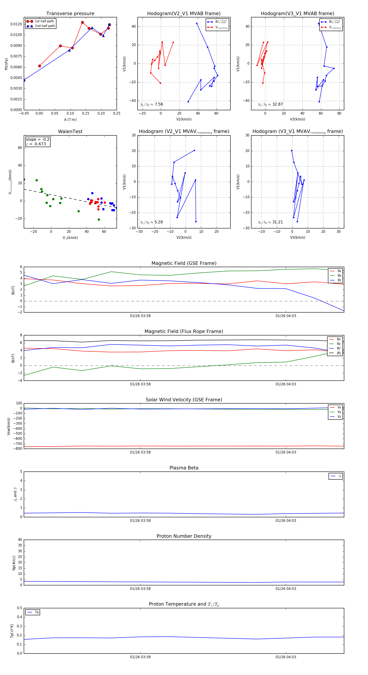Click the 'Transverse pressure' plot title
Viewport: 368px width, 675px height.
70,14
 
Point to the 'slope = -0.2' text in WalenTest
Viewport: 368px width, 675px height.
37,139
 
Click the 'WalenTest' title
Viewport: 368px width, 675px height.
70,132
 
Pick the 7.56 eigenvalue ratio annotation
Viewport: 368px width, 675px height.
152,104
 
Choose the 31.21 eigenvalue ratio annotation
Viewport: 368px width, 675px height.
270,222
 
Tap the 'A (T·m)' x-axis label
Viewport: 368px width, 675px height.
70,120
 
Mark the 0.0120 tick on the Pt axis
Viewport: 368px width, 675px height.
16,24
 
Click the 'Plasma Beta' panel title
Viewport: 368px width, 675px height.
184,468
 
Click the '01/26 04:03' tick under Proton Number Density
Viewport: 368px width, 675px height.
286,589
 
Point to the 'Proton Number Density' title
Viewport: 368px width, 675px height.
184,536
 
